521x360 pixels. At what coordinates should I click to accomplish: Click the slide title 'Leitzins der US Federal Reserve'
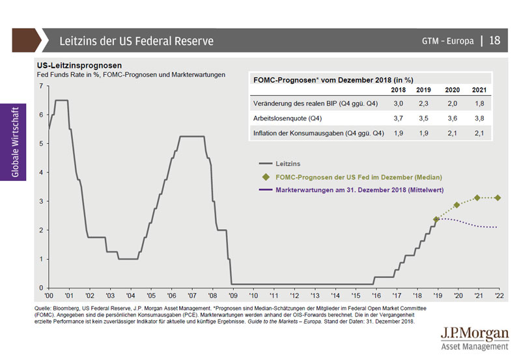click(x=136, y=41)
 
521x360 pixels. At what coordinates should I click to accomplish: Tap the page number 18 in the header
click(x=494, y=41)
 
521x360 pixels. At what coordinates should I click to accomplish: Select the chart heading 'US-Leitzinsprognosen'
click(x=79, y=66)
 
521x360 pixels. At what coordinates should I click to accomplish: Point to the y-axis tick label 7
click(x=42, y=86)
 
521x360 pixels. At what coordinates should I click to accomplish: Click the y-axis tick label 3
click(x=42, y=201)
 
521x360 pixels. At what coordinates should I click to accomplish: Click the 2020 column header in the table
click(x=453, y=89)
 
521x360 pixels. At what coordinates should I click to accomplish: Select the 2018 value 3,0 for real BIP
click(x=397, y=104)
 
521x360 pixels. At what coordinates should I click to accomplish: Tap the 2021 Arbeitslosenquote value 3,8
click(x=480, y=118)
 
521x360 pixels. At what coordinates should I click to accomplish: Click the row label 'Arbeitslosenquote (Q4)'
click(x=287, y=118)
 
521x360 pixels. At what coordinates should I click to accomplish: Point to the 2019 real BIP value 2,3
click(x=424, y=104)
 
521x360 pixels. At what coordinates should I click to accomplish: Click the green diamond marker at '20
click(x=457, y=205)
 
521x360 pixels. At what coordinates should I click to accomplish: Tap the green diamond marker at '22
click(x=498, y=198)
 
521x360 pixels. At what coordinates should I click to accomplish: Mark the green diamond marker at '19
click(x=436, y=219)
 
